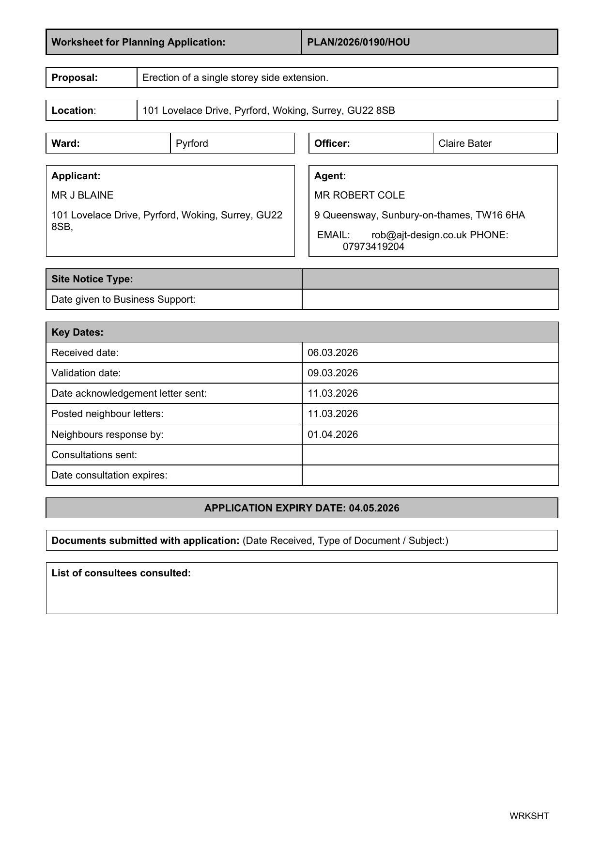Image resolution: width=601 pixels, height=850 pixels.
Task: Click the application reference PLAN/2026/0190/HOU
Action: [x=358, y=42]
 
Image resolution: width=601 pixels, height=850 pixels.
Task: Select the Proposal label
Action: [x=75, y=77]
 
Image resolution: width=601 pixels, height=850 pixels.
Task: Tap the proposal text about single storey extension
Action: [x=235, y=77]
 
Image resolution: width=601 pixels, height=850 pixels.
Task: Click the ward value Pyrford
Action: [x=192, y=143]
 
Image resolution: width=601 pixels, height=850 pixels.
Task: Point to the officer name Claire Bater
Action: [x=465, y=143]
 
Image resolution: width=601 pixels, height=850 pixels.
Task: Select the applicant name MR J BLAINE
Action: [x=82, y=195]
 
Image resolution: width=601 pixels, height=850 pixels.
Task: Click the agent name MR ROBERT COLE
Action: [x=359, y=195]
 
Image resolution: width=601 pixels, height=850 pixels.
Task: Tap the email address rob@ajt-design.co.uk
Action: [x=419, y=235]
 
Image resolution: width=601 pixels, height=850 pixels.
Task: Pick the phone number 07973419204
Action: [x=373, y=247]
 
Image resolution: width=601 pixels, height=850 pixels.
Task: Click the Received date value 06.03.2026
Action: [x=333, y=353]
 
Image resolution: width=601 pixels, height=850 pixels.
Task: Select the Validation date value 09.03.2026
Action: [x=333, y=373]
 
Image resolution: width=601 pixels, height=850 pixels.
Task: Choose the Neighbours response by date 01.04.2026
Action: [x=333, y=434]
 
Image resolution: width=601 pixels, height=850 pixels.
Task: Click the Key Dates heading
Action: [x=77, y=332]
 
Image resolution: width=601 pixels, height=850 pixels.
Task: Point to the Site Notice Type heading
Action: [x=92, y=279]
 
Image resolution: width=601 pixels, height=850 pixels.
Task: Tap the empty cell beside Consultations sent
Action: [x=430, y=455]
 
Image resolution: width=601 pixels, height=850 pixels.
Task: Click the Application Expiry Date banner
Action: [x=302, y=508]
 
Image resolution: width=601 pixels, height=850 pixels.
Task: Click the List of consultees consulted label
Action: [x=121, y=573]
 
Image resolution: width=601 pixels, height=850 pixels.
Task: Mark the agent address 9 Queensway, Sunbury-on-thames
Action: [x=419, y=215]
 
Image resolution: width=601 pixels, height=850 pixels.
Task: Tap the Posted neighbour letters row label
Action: [x=108, y=414]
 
